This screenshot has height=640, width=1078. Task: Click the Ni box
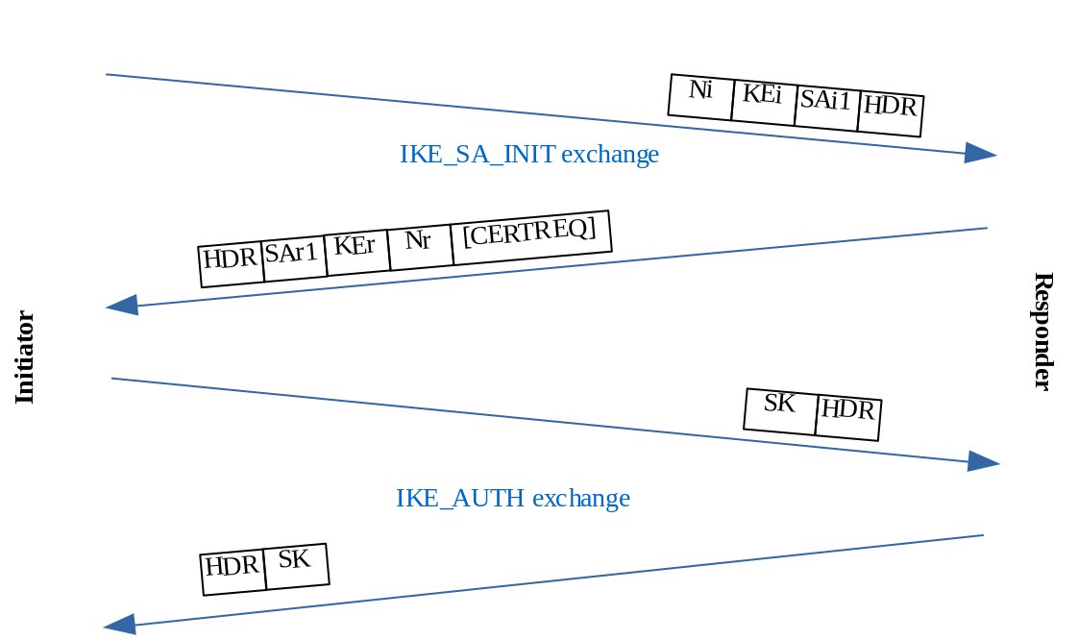pyautogui.click(x=700, y=97)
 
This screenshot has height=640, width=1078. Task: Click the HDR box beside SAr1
pyautogui.click(x=231, y=263)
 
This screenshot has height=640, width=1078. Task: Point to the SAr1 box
pyautogui.click(x=294, y=258)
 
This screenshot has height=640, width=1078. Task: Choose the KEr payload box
pyautogui.click(x=356, y=253)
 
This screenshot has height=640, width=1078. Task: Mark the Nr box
pyautogui.click(x=419, y=247)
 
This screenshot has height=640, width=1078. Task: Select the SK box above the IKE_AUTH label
pyautogui.click(x=780, y=410)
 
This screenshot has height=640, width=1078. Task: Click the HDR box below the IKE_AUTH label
pyautogui.click(x=232, y=572)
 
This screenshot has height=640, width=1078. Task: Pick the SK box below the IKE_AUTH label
pyautogui.click(x=295, y=566)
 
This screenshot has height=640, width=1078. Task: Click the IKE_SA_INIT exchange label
pyautogui.click(x=528, y=155)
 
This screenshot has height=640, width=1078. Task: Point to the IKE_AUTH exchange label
pyautogui.click(x=513, y=499)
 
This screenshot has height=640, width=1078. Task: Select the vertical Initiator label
pyautogui.click(x=26, y=357)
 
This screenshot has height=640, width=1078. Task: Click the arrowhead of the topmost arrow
pyautogui.click(x=980, y=154)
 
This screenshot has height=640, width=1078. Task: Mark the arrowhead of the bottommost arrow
pyautogui.click(x=120, y=626)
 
